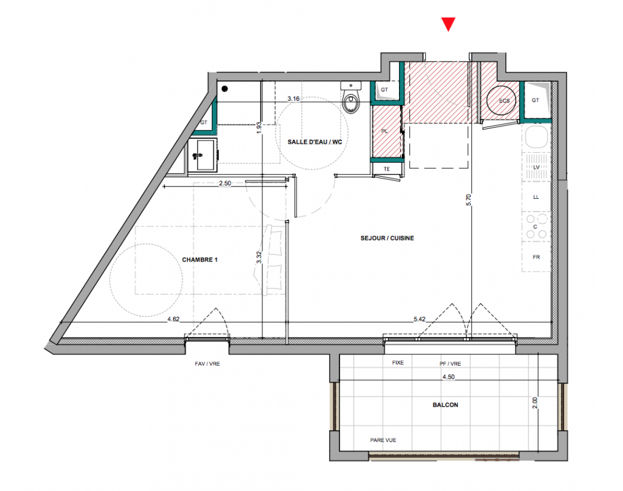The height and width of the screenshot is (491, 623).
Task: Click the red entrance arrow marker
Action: point(448,24)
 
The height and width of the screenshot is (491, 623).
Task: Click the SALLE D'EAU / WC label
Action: point(315,142)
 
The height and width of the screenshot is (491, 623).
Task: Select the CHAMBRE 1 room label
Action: point(200,260)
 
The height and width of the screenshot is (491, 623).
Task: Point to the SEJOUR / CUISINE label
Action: point(387,238)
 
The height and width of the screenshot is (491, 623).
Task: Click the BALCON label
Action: point(446,405)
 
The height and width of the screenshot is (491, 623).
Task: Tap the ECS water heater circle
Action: point(501,101)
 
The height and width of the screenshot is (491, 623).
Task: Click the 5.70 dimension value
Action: point(469,199)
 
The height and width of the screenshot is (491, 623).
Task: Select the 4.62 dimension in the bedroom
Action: point(174,319)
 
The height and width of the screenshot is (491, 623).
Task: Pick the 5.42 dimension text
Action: point(420,319)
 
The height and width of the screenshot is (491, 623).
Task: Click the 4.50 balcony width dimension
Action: point(449,377)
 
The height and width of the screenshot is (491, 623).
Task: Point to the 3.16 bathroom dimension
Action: point(293,99)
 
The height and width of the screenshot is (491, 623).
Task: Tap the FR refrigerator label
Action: point(536,257)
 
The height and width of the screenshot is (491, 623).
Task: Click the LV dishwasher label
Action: point(536,167)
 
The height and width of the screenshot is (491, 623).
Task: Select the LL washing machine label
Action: point(536,197)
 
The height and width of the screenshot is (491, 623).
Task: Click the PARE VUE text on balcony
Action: point(383,440)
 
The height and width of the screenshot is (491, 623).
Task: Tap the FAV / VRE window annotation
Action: point(207,364)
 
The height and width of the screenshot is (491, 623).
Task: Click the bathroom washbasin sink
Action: point(202,155)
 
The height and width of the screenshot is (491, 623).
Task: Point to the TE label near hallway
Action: point(387,169)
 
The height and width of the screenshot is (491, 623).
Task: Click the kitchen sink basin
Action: point(536,137)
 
